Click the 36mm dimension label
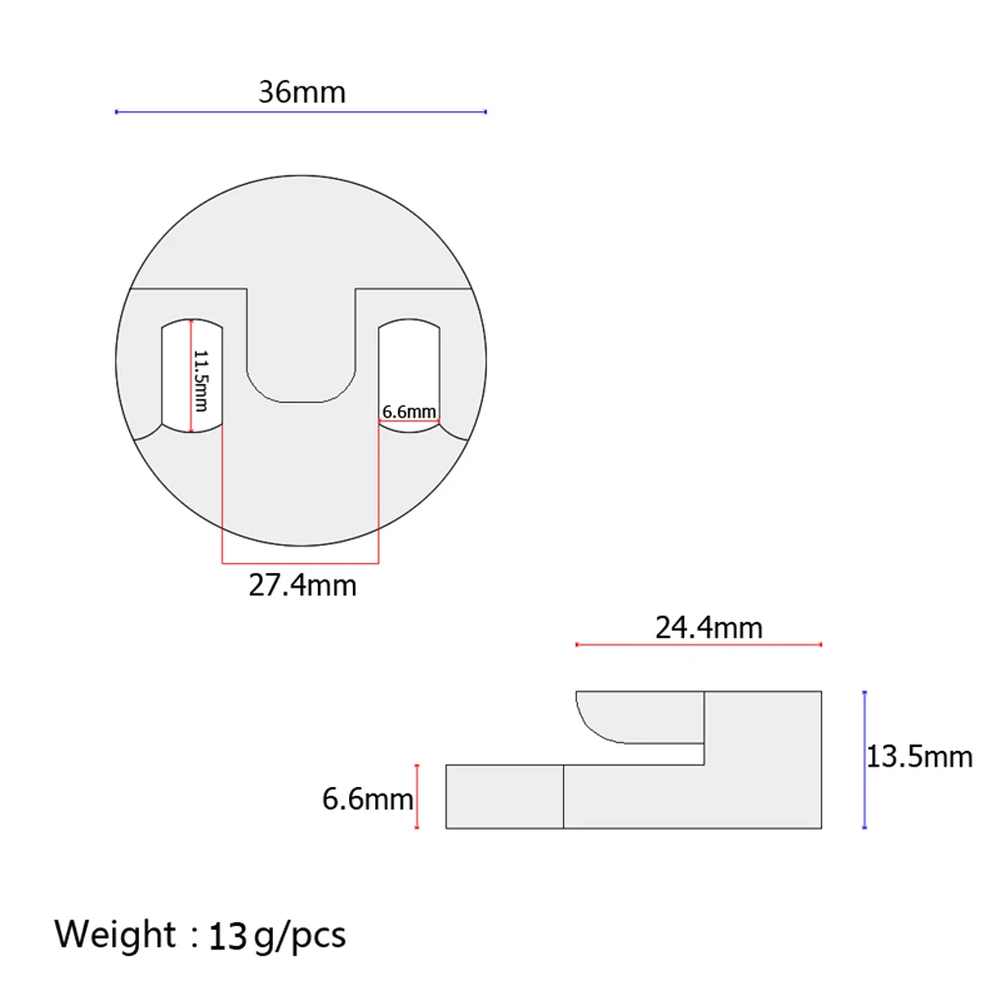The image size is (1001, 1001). point(302,92)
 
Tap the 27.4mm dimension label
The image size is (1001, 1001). point(303,586)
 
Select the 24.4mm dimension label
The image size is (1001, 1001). point(709,629)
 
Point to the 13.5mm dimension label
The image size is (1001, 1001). point(919,758)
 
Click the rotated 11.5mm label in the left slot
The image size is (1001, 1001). point(201,380)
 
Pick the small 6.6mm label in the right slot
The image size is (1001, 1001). point(410,412)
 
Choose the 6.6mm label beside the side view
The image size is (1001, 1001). point(368,800)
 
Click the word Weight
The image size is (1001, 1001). point(115,935)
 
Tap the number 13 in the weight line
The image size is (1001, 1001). point(228,936)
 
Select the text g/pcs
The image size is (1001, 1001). point(300,937)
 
